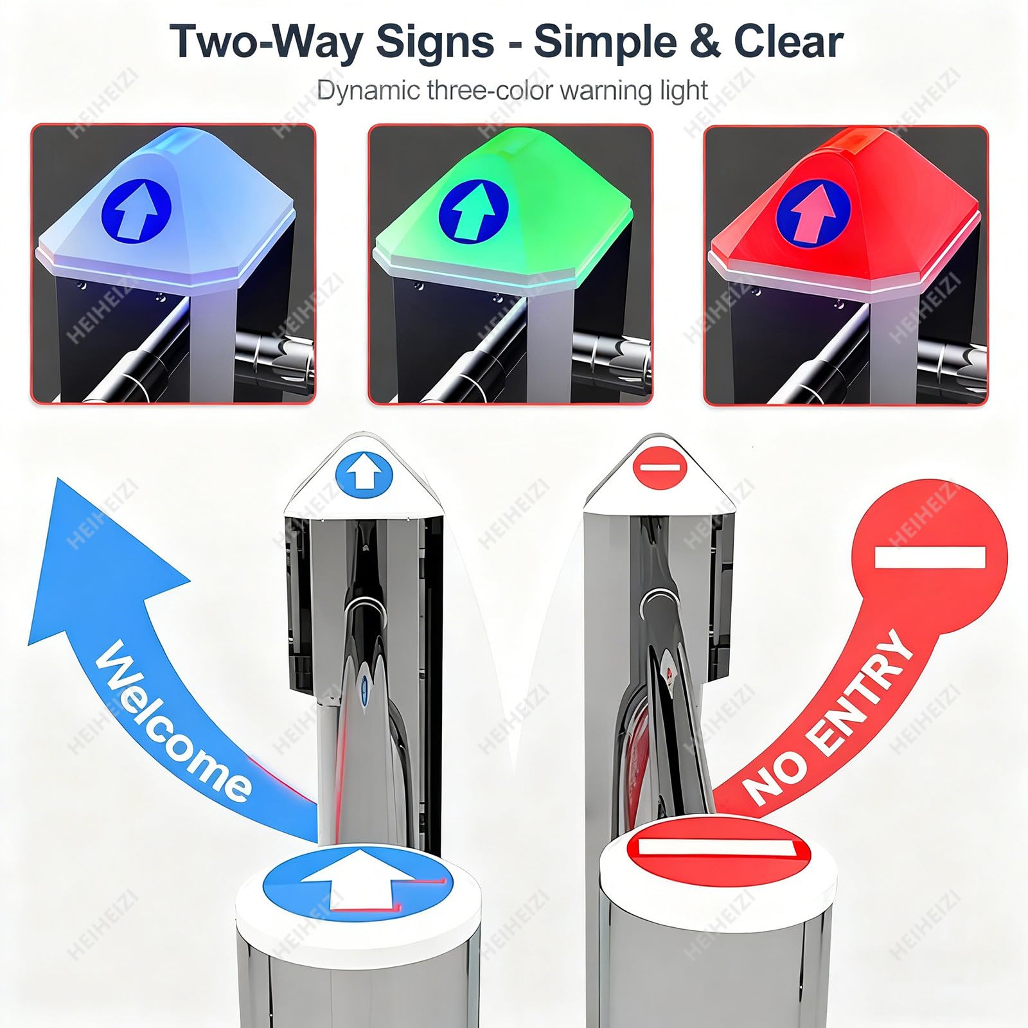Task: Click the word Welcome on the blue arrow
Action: tap(172, 721)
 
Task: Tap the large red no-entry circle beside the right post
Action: tap(929, 556)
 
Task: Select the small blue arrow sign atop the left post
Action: tap(364, 474)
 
